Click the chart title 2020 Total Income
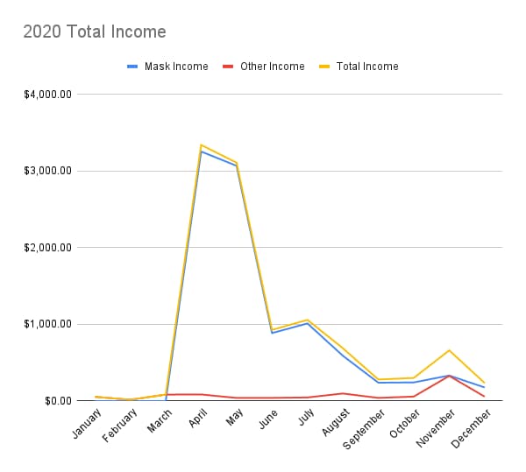point(94,32)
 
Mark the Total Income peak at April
point(201,144)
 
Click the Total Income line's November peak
point(449,350)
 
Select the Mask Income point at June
point(272,333)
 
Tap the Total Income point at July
point(307,320)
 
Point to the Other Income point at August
point(343,393)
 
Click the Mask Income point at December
point(484,387)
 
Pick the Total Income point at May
point(237,162)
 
